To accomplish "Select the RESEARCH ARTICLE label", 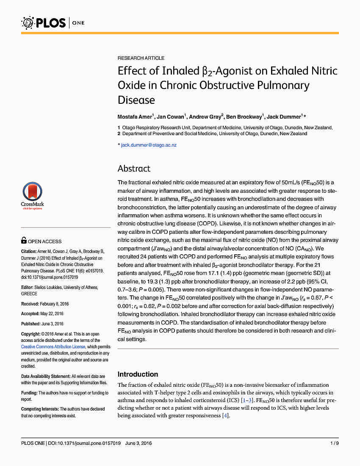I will point(141,58).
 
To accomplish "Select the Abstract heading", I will point(134,169).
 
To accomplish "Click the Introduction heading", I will point(138,374).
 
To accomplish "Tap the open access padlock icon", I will point(24,241).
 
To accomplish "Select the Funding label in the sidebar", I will point(29,393).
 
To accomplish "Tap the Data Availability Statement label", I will point(45,376).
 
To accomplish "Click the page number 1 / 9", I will point(334,444).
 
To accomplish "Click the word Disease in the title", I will point(136,100).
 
